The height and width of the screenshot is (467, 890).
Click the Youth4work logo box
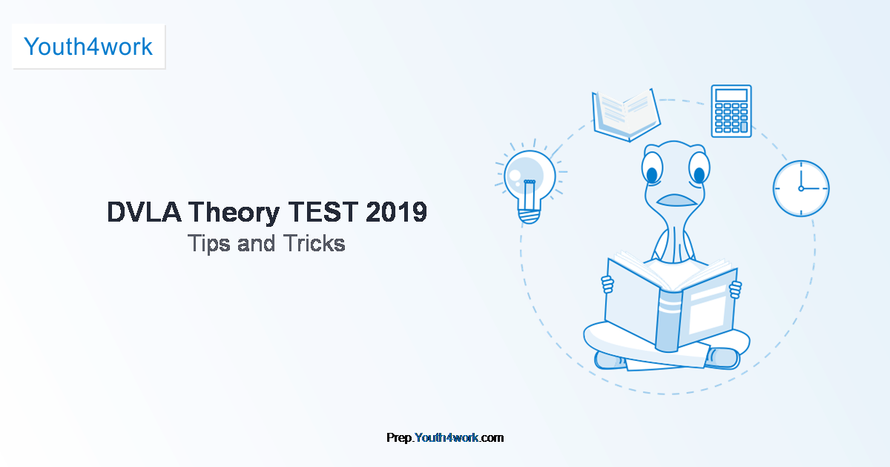tap(88, 47)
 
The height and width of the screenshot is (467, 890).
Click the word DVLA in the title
tap(144, 212)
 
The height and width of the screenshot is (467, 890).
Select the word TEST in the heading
tap(323, 212)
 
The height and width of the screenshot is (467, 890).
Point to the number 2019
tap(397, 212)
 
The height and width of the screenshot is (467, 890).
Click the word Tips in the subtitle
tap(208, 244)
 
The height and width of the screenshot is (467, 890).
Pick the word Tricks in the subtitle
tap(314, 243)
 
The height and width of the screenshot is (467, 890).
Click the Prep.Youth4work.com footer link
tap(445, 437)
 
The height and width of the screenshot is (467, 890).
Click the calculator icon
tap(731, 111)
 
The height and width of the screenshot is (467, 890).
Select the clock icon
tap(801, 188)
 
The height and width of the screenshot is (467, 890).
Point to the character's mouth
tap(676, 200)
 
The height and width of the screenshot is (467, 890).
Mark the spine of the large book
tap(670, 321)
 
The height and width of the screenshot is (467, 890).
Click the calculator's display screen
tap(731, 96)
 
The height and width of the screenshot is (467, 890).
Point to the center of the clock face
tap(801, 188)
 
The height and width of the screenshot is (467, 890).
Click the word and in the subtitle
tap(257, 243)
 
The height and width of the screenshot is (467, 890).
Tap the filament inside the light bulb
tap(530, 196)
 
